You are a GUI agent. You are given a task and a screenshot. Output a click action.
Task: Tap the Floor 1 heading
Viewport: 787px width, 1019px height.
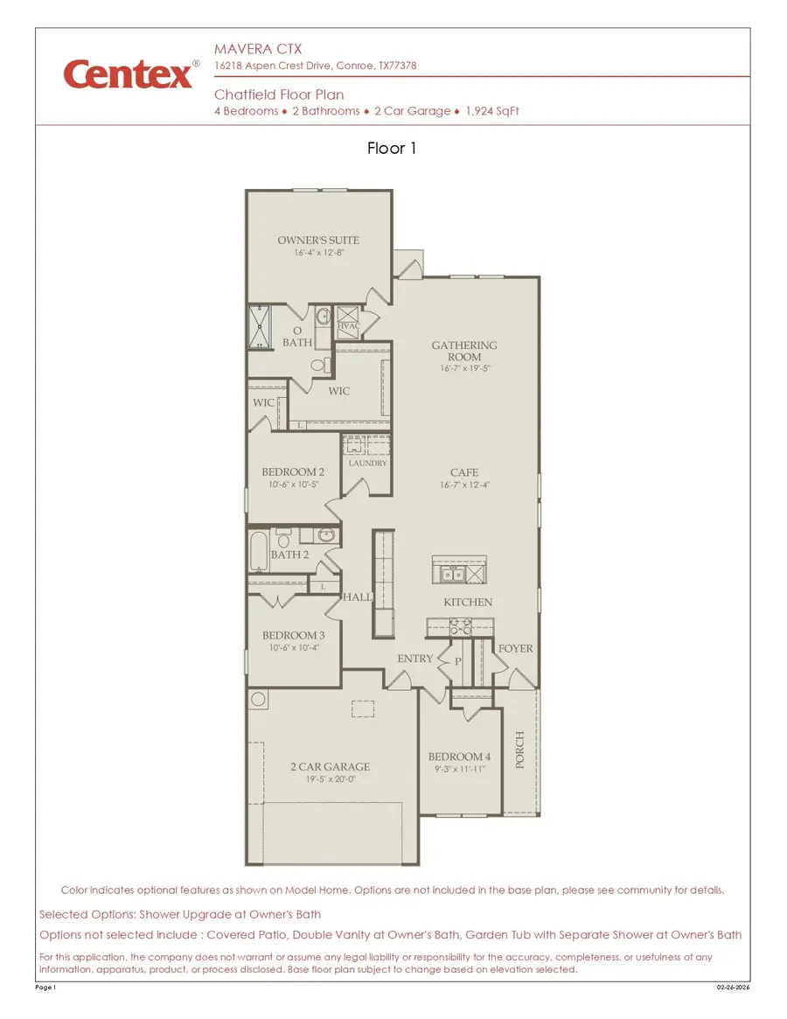[x=392, y=149]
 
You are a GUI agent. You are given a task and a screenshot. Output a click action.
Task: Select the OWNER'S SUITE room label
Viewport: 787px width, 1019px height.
[x=318, y=240]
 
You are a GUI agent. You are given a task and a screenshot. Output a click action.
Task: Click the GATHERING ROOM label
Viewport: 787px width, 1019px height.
[x=464, y=351]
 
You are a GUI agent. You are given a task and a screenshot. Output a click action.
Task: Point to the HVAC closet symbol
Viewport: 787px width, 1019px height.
[x=348, y=317]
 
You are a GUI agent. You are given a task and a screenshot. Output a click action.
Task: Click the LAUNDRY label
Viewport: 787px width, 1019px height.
[x=367, y=463]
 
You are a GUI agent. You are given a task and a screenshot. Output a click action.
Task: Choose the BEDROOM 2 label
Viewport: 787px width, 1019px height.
[x=293, y=472]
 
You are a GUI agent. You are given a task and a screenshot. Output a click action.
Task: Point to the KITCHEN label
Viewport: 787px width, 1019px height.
[x=468, y=602]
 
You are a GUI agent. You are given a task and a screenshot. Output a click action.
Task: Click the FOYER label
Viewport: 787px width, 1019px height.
[x=515, y=648]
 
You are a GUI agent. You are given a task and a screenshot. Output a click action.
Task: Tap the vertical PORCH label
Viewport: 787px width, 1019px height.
[x=520, y=750]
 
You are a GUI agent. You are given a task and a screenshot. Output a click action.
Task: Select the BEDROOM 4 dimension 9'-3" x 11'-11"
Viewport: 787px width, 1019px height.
[x=459, y=769]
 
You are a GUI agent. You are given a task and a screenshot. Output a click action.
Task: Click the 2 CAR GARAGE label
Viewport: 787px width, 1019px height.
[x=330, y=767]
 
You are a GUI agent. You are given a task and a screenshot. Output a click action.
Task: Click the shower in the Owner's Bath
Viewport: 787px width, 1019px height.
[x=260, y=326]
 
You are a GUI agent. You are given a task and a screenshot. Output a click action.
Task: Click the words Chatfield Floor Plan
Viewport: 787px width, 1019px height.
[x=279, y=94]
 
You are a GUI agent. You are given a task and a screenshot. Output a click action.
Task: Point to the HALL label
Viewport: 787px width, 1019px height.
[x=358, y=597]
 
